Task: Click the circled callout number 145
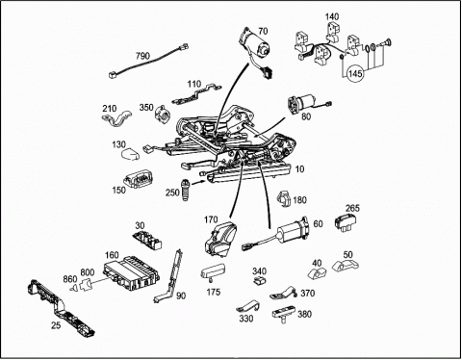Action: click(355, 73)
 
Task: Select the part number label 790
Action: click(142, 56)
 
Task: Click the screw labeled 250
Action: click(186, 191)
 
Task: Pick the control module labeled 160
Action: click(132, 272)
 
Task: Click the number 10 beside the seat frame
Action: click(299, 168)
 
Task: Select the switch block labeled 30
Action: click(147, 239)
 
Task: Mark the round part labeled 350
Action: click(163, 113)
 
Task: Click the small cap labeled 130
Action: click(130, 154)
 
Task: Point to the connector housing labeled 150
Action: click(139, 179)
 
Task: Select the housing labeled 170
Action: click(220, 239)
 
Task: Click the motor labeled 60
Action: click(282, 234)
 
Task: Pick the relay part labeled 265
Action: click(346, 222)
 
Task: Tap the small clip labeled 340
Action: click(259, 281)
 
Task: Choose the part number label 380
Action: click(305, 314)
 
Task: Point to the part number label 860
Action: click(70, 279)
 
